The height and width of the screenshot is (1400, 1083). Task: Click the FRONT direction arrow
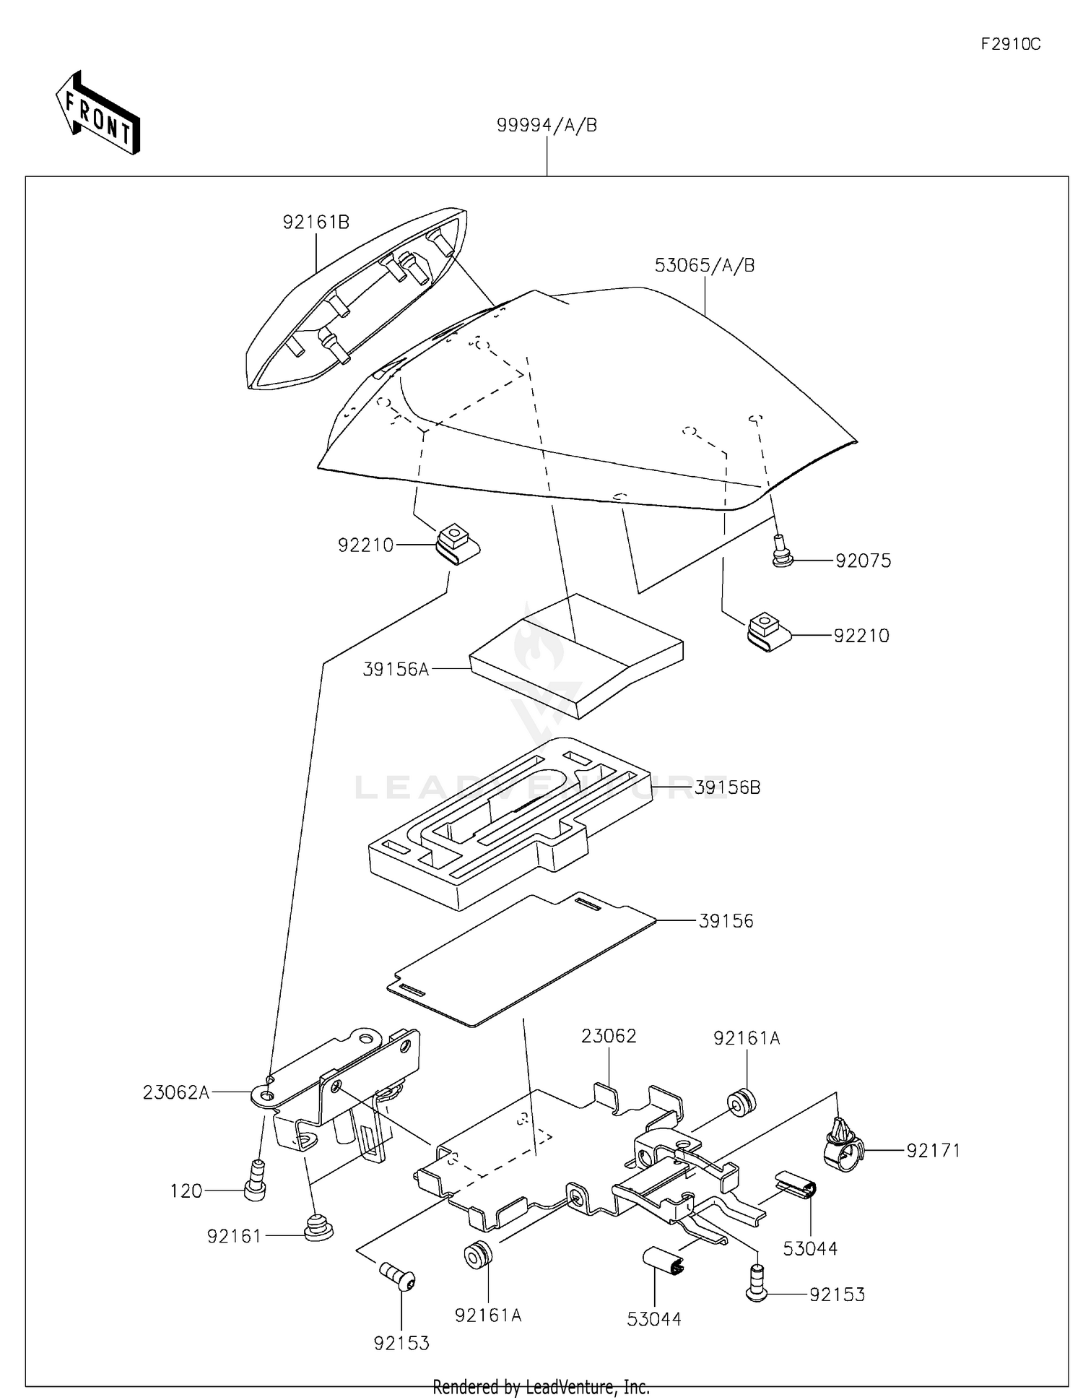coord(98,113)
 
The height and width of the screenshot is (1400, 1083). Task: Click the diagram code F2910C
coord(1010,44)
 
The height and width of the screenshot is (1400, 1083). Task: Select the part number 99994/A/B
coord(547,126)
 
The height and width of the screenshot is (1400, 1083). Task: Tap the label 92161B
coord(316,222)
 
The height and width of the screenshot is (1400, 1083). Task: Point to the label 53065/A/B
coord(704,265)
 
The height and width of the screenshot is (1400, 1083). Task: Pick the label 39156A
coord(396,670)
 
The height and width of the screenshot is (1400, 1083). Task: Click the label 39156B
coord(727,787)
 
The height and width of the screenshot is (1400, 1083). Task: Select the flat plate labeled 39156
coord(520,961)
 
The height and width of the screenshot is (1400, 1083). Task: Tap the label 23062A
coord(175,1093)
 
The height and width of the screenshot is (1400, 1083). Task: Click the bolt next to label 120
coord(255,1180)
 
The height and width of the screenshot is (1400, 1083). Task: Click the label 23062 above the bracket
coord(609,1037)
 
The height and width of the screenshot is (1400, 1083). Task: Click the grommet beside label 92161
coord(316,1227)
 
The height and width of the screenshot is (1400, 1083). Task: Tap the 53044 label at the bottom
coord(653,1319)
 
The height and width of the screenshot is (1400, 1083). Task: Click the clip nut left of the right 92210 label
coord(766,631)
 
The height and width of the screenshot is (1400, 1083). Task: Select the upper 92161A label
coord(746,1038)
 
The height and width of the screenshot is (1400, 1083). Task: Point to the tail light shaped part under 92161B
coord(354,303)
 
